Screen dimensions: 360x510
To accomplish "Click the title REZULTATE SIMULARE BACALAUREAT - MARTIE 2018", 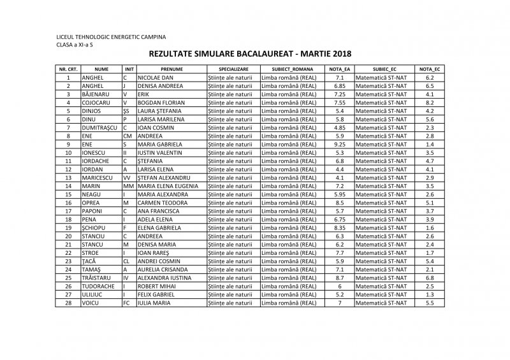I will click(x=254, y=55).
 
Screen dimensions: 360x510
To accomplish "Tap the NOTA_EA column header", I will click(x=339, y=68).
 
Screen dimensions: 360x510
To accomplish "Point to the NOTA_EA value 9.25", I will click(x=339, y=144).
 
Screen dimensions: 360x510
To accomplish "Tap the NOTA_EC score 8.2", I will click(x=430, y=102).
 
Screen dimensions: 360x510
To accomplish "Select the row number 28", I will click(x=67, y=303).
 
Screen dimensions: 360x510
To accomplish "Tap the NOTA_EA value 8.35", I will click(x=339, y=228).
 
